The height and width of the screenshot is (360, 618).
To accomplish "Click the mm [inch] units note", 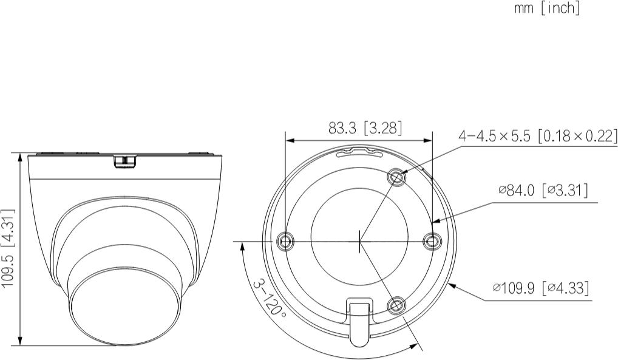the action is pyautogui.click(x=547, y=8).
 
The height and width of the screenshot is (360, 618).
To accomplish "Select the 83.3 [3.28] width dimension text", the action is pyautogui.click(x=365, y=127).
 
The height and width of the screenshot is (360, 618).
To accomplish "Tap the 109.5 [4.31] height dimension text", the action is pyautogui.click(x=8, y=248).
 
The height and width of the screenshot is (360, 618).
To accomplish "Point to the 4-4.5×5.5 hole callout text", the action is pyautogui.click(x=537, y=136).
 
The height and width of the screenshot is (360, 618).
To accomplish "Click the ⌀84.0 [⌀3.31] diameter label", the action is pyautogui.click(x=543, y=191).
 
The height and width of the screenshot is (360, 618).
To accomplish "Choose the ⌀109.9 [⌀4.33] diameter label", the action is pyautogui.click(x=541, y=288).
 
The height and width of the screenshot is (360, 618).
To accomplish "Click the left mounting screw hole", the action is pyautogui.click(x=285, y=240).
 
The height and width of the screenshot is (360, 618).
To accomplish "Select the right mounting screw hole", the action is pyautogui.click(x=432, y=240).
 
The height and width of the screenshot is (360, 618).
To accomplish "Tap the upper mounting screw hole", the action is pyautogui.click(x=397, y=177).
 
